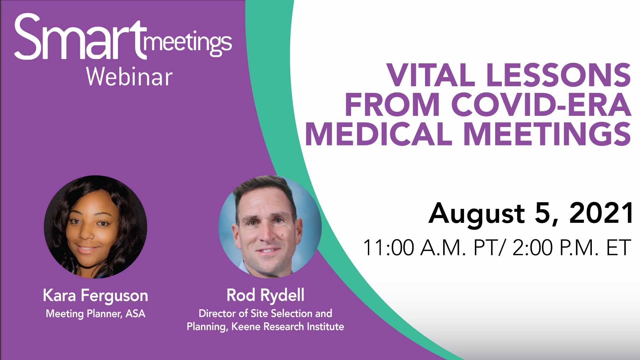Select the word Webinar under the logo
129,77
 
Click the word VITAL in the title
431,75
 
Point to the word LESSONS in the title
558,75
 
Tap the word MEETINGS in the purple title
548,134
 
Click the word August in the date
476,213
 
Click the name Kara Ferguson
95,296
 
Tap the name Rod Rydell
265,295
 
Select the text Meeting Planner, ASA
95,314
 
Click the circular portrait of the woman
95,227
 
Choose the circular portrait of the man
269,227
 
